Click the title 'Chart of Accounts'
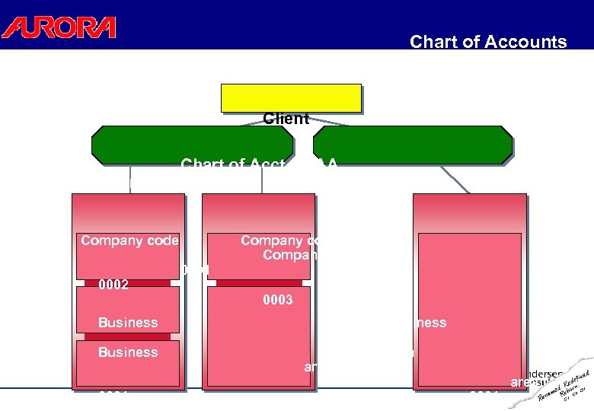(488, 42)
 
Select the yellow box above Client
(291, 97)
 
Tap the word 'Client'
(286, 119)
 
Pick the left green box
(192, 145)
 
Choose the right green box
(413, 145)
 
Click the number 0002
(113, 285)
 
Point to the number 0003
(277, 300)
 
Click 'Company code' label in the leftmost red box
(129, 241)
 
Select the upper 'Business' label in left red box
(128, 323)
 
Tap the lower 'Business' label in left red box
(128, 352)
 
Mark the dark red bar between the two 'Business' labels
(127, 336)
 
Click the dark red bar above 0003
(259, 283)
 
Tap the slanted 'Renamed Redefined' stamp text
(567, 384)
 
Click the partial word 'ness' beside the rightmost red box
(431, 323)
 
